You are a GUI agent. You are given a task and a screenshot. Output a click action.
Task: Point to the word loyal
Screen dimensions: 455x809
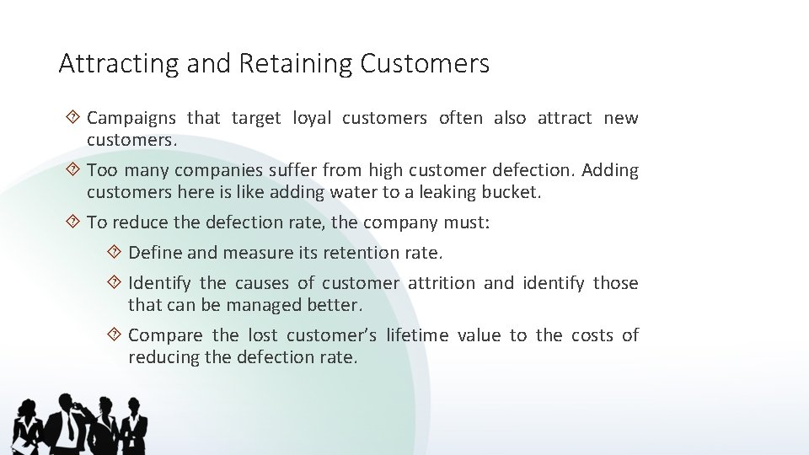[x=311, y=118]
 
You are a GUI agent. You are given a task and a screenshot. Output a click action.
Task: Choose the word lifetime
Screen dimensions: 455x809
[x=417, y=335]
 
